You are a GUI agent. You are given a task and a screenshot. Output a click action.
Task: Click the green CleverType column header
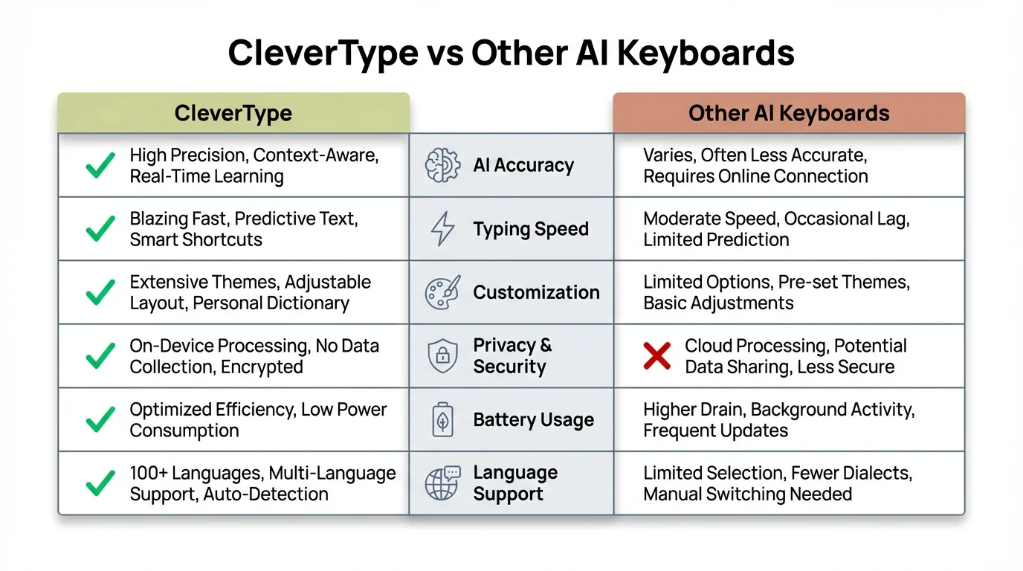tap(233, 114)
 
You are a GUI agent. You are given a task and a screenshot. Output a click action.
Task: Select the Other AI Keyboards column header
tap(789, 114)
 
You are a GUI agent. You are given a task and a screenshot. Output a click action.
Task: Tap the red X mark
tap(657, 356)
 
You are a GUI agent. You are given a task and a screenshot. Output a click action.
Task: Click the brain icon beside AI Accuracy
tap(442, 166)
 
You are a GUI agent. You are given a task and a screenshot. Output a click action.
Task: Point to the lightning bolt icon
tap(442, 229)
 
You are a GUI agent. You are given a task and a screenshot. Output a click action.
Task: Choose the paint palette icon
tap(442, 292)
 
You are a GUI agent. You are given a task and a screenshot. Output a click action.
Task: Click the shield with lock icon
tap(442, 356)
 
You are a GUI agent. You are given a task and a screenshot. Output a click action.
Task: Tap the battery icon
tap(442, 420)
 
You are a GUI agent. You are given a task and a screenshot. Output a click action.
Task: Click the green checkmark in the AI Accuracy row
tap(100, 166)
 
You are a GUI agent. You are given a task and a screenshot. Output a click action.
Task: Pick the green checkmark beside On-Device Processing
tap(100, 356)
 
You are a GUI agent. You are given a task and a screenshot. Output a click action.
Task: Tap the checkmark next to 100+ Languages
tap(100, 483)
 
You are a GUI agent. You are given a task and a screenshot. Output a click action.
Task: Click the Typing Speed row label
tap(531, 229)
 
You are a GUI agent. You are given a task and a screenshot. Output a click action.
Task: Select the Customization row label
tap(536, 292)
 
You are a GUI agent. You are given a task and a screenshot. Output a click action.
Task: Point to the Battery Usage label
tap(533, 420)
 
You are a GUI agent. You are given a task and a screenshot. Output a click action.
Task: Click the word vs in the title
tap(444, 54)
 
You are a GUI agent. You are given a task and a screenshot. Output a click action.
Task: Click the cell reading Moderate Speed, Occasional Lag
tap(776, 229)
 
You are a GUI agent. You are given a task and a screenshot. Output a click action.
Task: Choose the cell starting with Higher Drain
tap(778, 420)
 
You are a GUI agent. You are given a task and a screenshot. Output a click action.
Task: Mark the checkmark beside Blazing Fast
tap(100, 229)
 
